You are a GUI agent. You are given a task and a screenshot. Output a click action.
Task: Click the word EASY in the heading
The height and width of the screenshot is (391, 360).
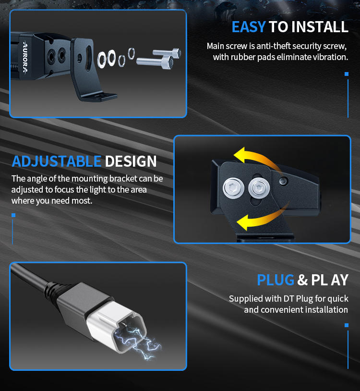tap(249, 27)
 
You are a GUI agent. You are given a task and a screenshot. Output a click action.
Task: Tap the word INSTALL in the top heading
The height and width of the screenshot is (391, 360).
tap(320, 27)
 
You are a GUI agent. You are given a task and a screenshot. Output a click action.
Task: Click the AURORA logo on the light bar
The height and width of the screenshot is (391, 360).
tap(25, 57)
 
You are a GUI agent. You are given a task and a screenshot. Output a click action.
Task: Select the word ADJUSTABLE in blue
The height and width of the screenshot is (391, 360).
tap(57, 161)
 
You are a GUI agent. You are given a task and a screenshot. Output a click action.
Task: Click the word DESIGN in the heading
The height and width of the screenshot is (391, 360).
tap(131, 161)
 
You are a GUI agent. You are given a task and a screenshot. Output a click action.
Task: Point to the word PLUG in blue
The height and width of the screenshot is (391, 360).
tap(276, 280)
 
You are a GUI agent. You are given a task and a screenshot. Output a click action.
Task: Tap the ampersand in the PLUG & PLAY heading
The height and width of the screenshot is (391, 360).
tap(302, 280)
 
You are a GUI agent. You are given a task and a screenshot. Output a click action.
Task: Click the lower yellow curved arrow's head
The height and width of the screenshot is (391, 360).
tap(243, 222)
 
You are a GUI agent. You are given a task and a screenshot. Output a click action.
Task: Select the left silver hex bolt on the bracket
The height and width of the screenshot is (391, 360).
tap(233, 188)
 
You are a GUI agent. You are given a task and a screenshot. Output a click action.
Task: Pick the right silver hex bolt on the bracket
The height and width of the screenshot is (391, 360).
tap(259, 187)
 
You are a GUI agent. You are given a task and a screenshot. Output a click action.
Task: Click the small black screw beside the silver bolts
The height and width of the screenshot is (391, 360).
tap(283, 181)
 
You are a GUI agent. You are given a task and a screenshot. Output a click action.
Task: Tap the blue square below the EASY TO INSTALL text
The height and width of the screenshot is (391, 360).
tap(346, 74)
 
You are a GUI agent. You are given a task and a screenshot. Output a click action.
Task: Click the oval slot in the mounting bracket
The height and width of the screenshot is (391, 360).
tap(88, 58)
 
